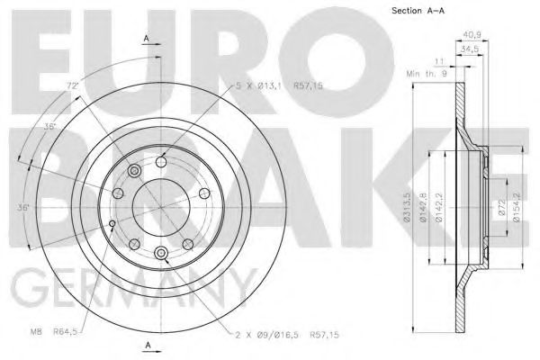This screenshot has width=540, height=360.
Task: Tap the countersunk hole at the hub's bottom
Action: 161,255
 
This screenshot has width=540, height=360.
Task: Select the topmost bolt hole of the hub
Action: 161,161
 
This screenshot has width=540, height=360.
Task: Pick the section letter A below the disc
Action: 146,346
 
